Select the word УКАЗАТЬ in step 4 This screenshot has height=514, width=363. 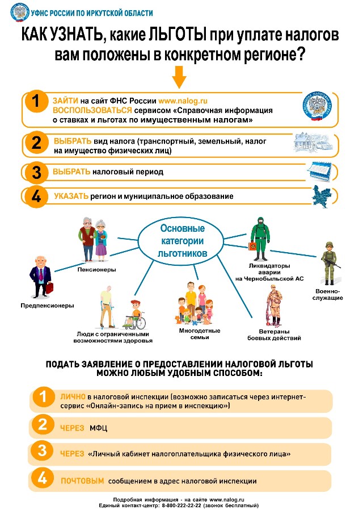pos(71,196)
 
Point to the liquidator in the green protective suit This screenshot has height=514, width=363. pos(258,239)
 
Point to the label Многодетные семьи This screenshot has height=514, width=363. pos(200,334)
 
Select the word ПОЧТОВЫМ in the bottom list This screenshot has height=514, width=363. pos(82,480)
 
